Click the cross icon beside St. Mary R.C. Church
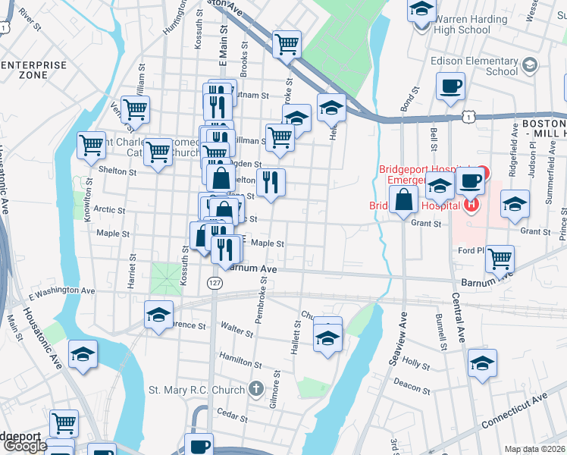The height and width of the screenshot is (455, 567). tap(256, 390)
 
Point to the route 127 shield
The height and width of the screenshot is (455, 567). tap(213, 282)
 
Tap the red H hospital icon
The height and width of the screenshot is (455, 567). tap(472, 204)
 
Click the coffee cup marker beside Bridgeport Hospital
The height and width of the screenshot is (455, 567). tap(470, 183)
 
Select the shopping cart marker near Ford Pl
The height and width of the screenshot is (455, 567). tap(500, 259)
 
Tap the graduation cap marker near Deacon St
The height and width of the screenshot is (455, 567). tap(482, 362)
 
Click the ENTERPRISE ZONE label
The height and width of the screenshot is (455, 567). tap(33, 71)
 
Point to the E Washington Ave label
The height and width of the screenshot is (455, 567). tap(61, 290)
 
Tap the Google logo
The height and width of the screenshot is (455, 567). tap(25, 446)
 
